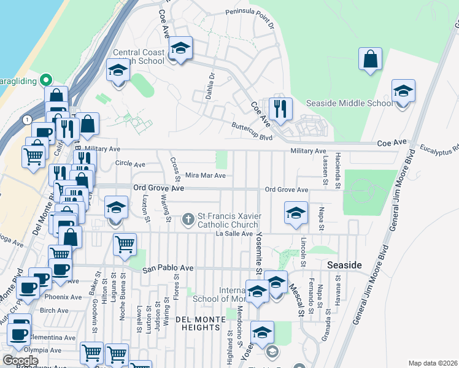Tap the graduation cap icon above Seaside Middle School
(x=403, y=91)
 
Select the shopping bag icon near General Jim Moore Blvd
(x=371, y=59)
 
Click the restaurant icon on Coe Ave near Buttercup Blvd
(x=280, y=109)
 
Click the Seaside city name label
(x=345, y=265)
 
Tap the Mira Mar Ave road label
(x=205, y=175)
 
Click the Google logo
(x=20, y=361)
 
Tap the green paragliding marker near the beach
(x=45, y=80)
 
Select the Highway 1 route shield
(x=26, y=120)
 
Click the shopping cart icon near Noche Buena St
(x=125, y=244)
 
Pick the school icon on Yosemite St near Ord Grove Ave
(x=296, y=213)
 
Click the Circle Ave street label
(x=130, y=164)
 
